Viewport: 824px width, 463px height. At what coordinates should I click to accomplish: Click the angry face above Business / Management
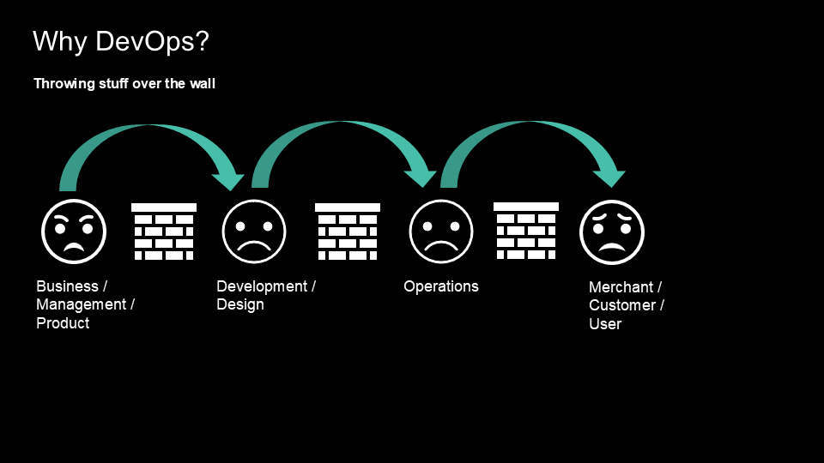(74, 231)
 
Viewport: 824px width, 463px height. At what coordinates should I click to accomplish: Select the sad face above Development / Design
(253, 231)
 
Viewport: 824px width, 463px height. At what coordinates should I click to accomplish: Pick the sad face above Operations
(441, 231)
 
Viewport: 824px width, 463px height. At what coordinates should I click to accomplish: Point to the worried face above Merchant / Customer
(612, 231)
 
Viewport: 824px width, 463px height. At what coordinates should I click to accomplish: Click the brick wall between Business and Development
(164, 231)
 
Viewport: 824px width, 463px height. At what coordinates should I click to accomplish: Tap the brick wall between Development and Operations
(348, 231)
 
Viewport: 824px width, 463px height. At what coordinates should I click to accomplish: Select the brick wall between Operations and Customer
(526, 231)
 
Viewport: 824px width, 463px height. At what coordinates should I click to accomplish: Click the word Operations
(441, 286)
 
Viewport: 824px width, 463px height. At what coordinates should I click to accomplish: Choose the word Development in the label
(262, 286)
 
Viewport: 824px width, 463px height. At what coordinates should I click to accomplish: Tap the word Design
(240, 305)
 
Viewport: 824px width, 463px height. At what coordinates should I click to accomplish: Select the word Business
(67, 286)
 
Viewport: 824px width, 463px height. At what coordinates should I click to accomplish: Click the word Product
(63, 324)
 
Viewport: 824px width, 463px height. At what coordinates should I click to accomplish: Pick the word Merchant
(621, 287)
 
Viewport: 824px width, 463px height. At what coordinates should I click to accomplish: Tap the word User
(604, 325)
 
